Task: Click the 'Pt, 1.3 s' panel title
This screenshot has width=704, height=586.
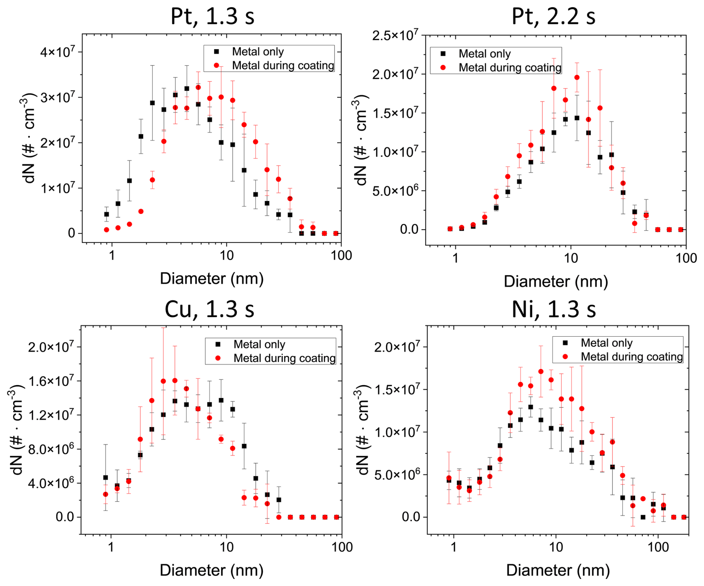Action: (212, 16)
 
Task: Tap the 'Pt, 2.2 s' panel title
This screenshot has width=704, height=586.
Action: (553, 16)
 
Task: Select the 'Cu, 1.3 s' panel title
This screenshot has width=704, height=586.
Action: (209, 309)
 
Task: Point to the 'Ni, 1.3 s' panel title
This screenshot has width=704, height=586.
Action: (554, 309)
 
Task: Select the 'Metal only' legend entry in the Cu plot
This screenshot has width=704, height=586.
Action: (259, 345)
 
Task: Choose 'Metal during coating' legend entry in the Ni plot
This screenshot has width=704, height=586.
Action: (631, 357)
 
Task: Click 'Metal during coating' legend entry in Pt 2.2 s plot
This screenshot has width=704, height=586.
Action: (509, 68)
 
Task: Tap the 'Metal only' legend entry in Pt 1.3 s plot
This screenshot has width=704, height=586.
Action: (257, 52)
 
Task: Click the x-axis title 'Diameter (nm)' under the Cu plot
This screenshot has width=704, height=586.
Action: (211, 570)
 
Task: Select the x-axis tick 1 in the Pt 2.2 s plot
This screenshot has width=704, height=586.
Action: (455, 258)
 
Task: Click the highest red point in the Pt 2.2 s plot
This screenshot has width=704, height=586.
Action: (577, 77)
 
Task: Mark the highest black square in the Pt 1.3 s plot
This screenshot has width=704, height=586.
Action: (187, 89)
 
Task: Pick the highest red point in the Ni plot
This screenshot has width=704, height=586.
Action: (541, 371)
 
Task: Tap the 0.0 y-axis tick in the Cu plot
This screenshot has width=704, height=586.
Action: (65, 517)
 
